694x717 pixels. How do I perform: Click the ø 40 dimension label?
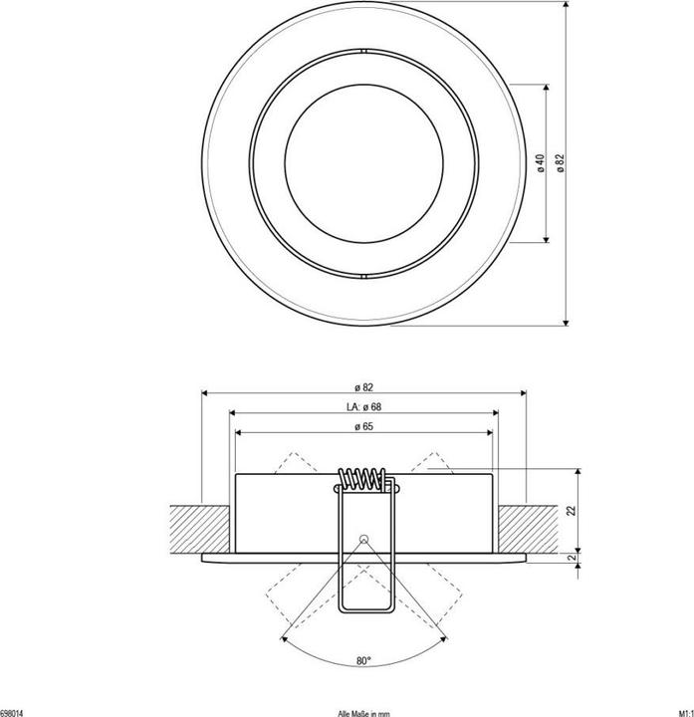tap(539, 163)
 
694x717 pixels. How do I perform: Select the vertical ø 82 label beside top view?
tap(561, 163)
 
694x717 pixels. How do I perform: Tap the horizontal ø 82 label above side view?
tap(363, 386)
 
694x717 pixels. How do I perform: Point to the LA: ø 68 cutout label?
tap(363, 406)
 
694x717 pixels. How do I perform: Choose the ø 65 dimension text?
tap(363, 426)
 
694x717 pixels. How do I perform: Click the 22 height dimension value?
tap(573, 510)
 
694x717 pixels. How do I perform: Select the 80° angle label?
tap(363, 661)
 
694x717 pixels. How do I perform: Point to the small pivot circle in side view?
tap(363, 538)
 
